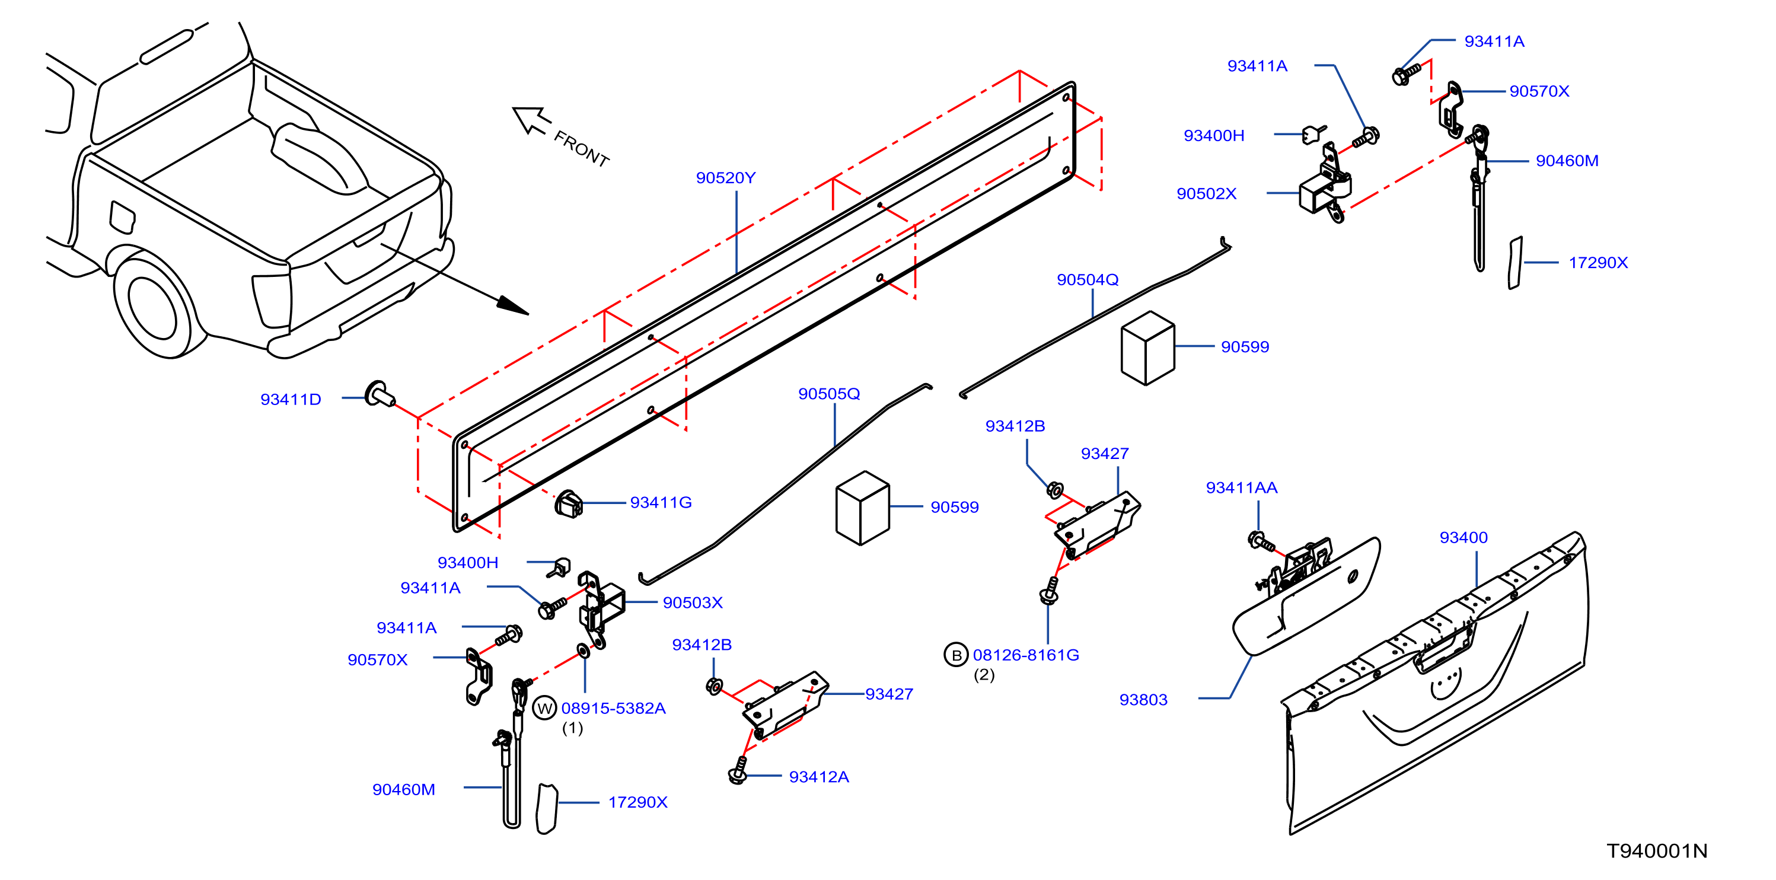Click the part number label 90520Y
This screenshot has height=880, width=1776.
tap(725, 178)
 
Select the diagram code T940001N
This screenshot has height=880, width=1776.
tap(1657, 851)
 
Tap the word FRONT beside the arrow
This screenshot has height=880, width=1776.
tap(581, 149)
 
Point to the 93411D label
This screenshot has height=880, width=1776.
tap(290, 399)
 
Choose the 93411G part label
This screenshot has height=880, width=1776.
tap(661, 503)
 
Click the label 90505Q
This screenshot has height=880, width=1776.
tap(829, 394)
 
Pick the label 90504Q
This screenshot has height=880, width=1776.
tap(1088, 280)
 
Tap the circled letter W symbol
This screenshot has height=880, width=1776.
tap(544, 708)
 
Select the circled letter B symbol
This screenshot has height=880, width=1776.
tap(955, 655)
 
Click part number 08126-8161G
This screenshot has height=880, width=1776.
tap(1026, 655)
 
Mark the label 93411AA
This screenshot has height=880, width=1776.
tap(1241, 488)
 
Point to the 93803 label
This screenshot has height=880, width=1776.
tap(1143, 700)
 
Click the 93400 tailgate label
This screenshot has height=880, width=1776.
tap(1463, 537)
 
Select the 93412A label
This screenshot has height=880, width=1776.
tap(818, 777)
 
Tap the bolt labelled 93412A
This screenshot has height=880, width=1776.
tap(738, 770)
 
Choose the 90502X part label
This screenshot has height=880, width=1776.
tap(1207, 194)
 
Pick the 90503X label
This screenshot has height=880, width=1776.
tap(692, 602)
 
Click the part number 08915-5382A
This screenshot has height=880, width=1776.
tap(613, 708)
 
